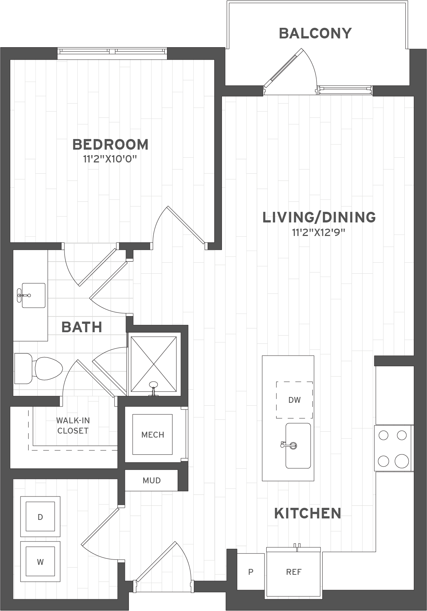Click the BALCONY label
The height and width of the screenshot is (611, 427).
pyautogui.click(x=315, y=33)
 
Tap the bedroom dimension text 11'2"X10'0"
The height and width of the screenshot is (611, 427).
pyautogui.click(x=110, y=159)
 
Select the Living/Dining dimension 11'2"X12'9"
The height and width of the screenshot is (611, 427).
pyautogui.click(x=319, y=232)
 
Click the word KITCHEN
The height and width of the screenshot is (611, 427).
pyautogui.click(x=308, y=513)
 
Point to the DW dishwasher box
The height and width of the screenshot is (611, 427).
pyautogui.click(x=294, y=400)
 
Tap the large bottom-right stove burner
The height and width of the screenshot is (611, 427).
pyautogui.click(x=402, y=460)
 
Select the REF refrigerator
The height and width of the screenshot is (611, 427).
pyautogui.click(x=294, y=572)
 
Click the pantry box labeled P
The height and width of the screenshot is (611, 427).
pyautogui.click(x=251, y=572)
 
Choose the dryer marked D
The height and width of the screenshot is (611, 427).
pyautogui.click(x=40, y=517)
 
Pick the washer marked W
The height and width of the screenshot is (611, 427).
pyautogui.click(x=40, y=562)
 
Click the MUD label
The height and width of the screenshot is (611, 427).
pyautogui.click(x=152, y=480)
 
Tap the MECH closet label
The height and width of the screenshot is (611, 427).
pyautogui.click(x=153, y=435)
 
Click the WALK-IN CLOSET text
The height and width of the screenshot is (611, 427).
pyautogui.click(x=73, y=426)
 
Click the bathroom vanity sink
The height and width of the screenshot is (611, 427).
pyautogui.click(x=33, y=295)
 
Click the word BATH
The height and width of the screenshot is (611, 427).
pyautogui.click(x=82, y=327)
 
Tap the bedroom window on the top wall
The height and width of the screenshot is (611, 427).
pyautogui.click(x=112, y=52)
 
